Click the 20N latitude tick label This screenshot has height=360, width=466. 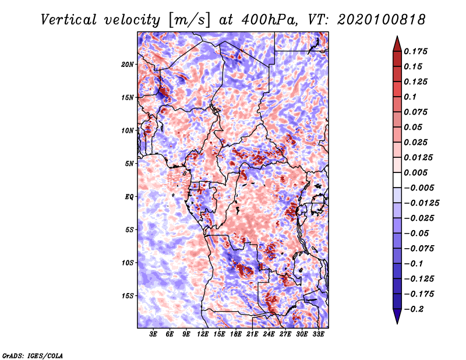point(128,64)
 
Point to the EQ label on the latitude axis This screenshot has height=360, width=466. point(129,197)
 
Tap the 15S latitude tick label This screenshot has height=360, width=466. point(128,296)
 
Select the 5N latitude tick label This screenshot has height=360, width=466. point(129,164)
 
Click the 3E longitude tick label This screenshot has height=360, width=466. point(154,334)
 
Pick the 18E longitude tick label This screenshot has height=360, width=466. point(236,334)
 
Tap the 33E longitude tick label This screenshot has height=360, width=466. point(318,334)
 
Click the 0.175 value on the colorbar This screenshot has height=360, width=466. point(417,51)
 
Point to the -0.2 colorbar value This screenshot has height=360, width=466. point(414,309)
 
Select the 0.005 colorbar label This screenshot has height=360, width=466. point(417,172)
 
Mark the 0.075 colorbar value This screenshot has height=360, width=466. point(417,112)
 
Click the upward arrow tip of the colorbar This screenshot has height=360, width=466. point(397,38)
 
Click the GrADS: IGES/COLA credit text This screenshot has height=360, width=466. point(32,355)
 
